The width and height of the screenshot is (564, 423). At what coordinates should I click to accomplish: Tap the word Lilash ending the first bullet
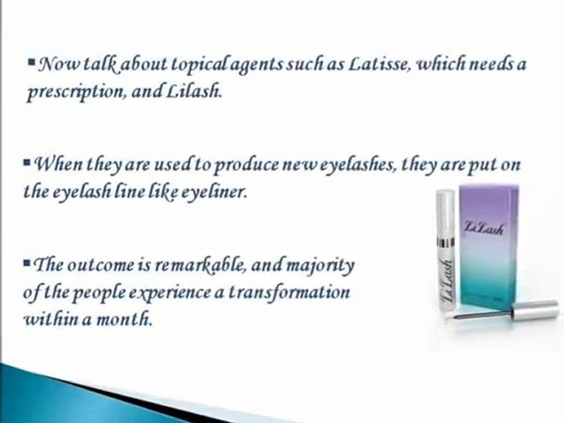[x=193, y=92]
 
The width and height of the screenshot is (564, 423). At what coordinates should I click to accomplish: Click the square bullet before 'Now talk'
[x=31, y=62]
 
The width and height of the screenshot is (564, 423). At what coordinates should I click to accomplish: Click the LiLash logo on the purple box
[x=483, y=227]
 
